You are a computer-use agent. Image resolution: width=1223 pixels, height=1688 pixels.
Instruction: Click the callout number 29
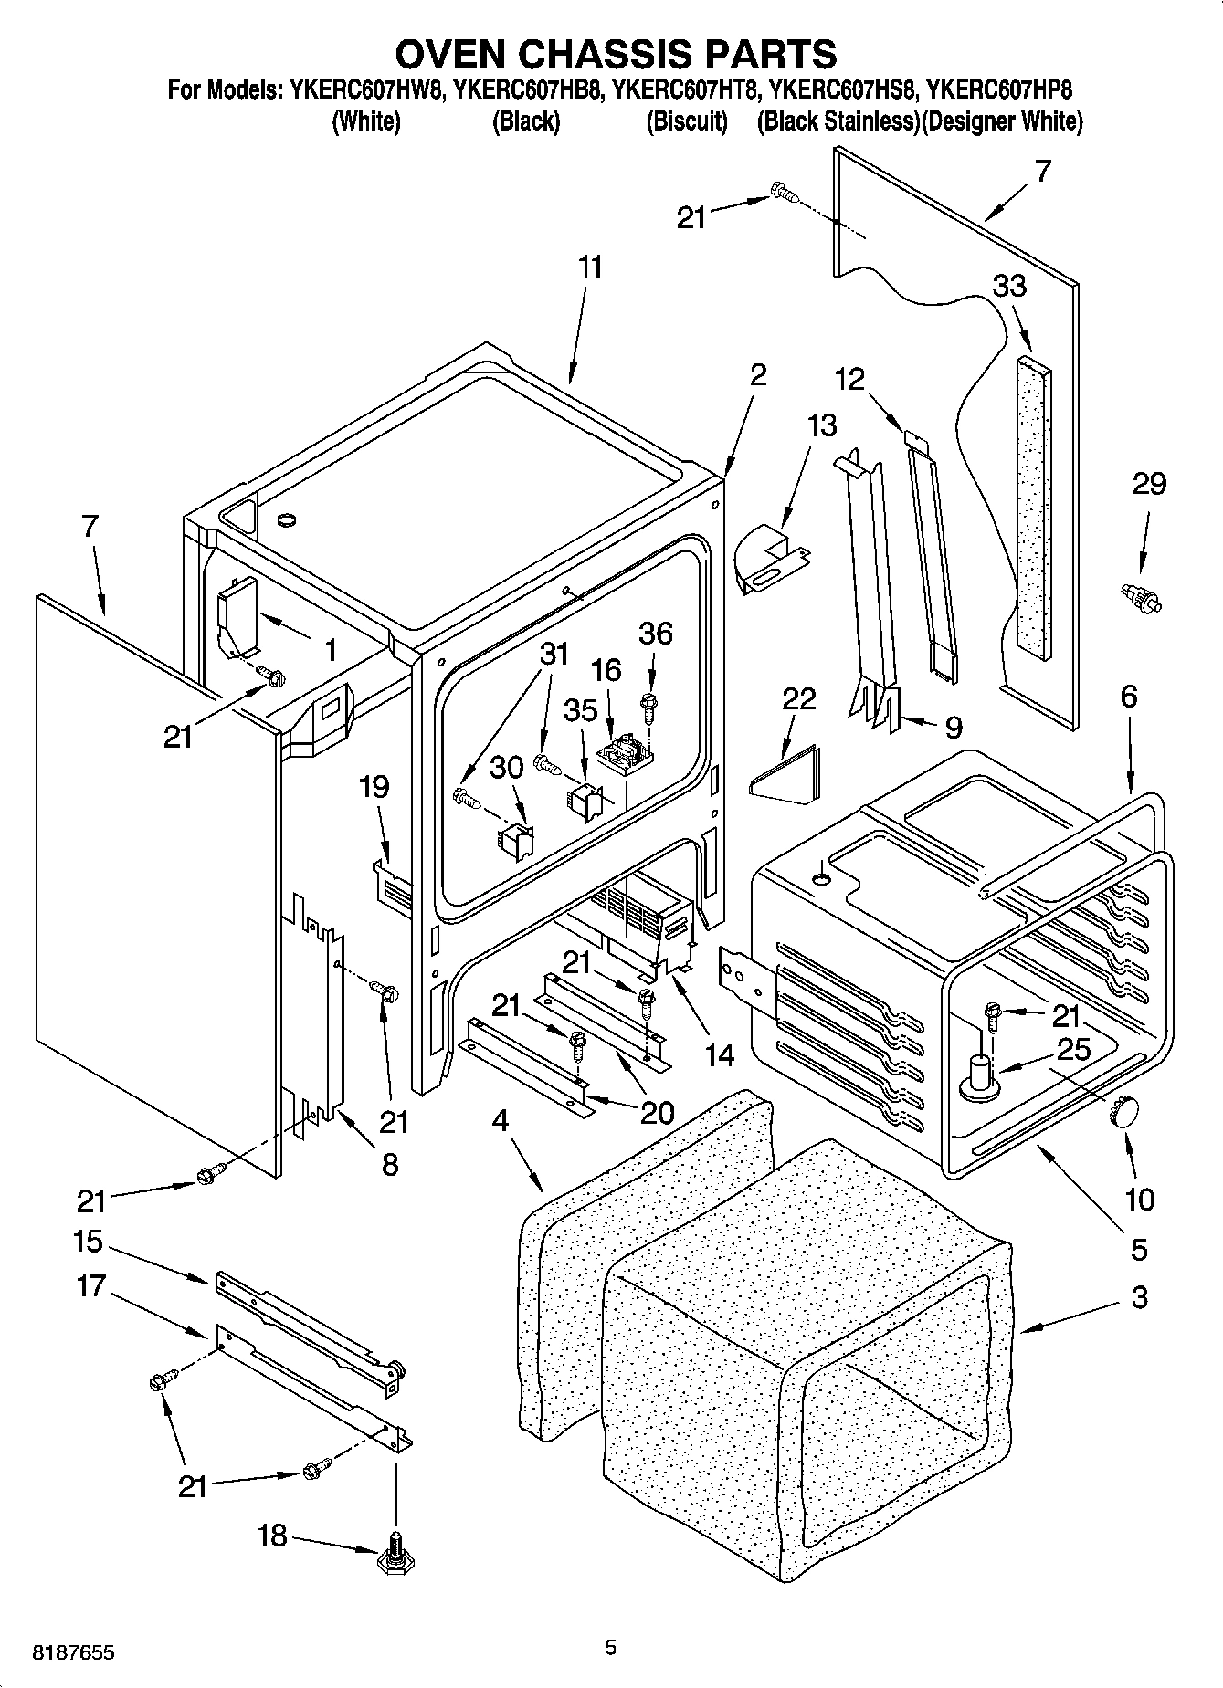[x=1149, y=483]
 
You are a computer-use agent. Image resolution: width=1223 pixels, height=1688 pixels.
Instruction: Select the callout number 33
[x=1009, y=286]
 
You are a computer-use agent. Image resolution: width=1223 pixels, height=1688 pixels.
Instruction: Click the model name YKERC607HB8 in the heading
[x=527, y=89]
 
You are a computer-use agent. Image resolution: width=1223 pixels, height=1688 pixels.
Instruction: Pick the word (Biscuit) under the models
[x=687, y=121]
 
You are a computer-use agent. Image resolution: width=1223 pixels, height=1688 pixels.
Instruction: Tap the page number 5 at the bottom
[x=610, y=1648]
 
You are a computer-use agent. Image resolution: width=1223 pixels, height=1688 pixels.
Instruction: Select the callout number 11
[x=590, y=267]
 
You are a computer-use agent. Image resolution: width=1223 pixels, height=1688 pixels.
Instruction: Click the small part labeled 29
[x=1141, y=598]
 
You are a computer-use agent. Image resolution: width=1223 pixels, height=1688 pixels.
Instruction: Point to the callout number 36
[x=655, y=634]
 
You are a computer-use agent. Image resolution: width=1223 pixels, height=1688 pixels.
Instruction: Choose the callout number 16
[x=606, y=670]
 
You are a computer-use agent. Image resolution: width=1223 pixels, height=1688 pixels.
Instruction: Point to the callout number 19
[x=374, y=786]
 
